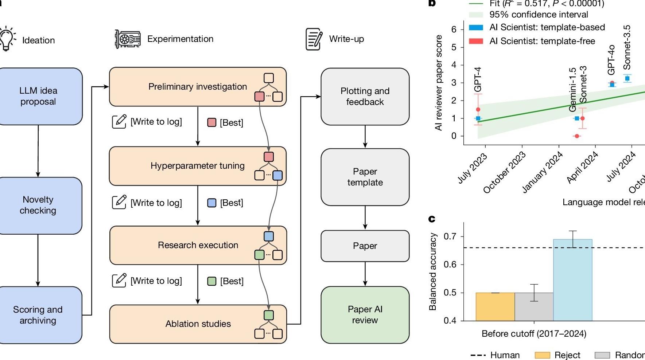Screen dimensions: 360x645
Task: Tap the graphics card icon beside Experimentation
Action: (127, 39)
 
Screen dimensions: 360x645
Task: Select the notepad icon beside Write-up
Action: (314, 39)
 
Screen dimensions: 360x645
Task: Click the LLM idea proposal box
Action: (38, 96)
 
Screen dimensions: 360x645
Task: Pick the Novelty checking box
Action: (38, 205)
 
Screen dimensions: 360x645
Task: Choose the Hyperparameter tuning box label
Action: (197, 166)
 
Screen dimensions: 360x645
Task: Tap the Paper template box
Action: (365, 177)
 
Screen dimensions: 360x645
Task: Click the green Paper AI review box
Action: (365, 315)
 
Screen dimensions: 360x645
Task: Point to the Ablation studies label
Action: (198, 324)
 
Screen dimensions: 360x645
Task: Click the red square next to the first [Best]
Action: (212, 122)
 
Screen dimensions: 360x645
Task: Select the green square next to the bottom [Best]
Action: (212, 281)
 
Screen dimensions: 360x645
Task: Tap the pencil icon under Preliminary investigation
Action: (119, 121)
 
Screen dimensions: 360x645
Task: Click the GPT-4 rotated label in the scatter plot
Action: (478, 79)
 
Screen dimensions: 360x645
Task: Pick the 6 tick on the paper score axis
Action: (454, 30)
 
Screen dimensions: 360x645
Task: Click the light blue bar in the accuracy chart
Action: (572, 280)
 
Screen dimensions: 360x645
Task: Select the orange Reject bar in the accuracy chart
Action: (495, 306)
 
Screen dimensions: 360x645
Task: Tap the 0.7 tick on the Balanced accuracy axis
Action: (450, 236)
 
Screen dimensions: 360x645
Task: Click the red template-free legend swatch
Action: (476, 41)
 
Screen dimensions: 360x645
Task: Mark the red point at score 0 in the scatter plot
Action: (577, 136)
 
